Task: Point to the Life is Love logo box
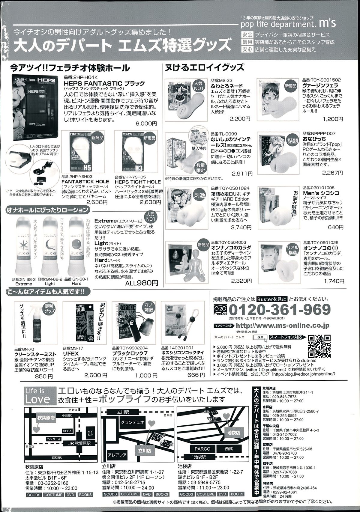(38, 395)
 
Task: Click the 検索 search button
(260, 337)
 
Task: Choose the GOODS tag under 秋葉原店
(34, 495)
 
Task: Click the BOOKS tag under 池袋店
(237, 494)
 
